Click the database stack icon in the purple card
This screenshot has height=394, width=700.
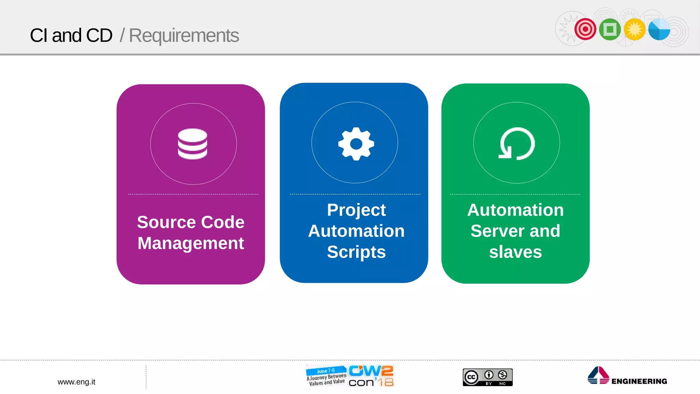click(x=192, y=144)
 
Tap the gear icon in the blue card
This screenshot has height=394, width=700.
click(x=356, y=144)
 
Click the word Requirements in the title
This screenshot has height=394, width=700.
click(x=184, y=36)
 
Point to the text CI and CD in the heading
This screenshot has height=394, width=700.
click(x=71, y=36)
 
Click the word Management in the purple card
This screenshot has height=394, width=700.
click(x=191, y=243)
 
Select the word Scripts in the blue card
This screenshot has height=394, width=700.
click(x=356, y=252)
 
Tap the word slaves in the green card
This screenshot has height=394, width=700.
click(x=515, y=252)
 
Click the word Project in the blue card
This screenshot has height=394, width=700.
click(x=356, y=210)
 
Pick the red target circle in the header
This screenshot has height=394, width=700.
click(x=585, y=29)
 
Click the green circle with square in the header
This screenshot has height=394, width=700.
click(x=610, y=29)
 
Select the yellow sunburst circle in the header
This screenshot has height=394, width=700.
click(x=634, y=29)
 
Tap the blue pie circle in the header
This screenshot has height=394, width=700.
click(x=659, y=29)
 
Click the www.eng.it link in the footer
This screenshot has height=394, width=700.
click(x=76, y=382)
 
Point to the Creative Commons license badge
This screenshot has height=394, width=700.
click(x=487, y=377)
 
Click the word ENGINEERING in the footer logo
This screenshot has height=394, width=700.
click(x=639, y=381)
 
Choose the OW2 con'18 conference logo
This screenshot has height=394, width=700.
click(x=371, y=376)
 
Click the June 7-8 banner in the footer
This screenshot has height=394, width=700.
click(x=326, y=371)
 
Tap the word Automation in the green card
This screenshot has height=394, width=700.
click(x=515, y=210)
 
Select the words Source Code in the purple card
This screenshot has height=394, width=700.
click(x=191, y=222)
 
